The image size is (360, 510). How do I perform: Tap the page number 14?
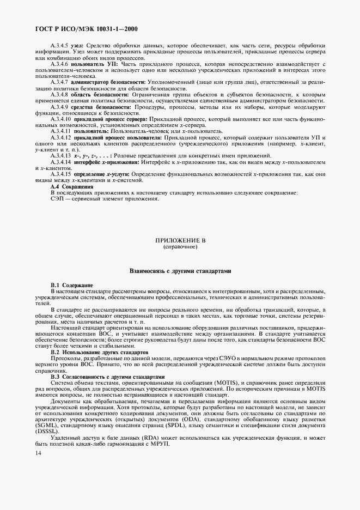tap(38, 452)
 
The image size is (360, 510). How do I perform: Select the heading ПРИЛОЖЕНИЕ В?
tap(180, 240)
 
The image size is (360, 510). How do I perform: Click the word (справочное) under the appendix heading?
tap(180, 246)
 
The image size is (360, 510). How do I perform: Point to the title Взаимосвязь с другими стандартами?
tap(180, 270)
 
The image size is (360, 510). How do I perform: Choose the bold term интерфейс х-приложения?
tap(107, 162)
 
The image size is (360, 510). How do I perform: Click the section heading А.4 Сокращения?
tap(68, 187)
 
